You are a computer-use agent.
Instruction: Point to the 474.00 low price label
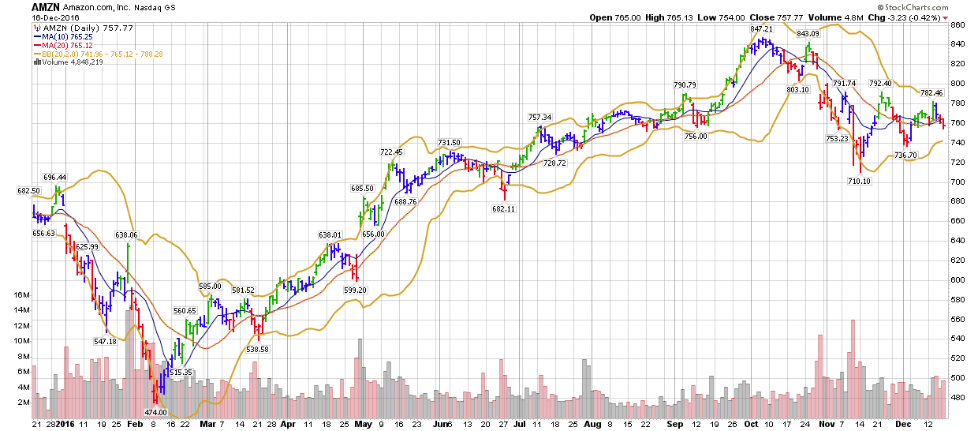pyautogui.click(x=155, y=412)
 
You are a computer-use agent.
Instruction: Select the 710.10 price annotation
pyautogui.click(x=860, y=181)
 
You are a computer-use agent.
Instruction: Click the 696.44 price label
pyautogui.click(x=55, y=178)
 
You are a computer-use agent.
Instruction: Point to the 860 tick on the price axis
pyautogui.click(x=957, y=25)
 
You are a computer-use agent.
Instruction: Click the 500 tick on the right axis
pyautogui.click(x=957, y=378)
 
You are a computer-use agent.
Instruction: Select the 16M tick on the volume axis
pyautogui.click(x=22, y=295)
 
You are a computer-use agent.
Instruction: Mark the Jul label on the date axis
pyautogui.click(x=519, y=424)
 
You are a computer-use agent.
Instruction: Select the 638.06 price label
pyautogui.click(x=126, y=234)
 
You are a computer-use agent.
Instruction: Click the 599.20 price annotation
pyautogui.click(x=356, y=290)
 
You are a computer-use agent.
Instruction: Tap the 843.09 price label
pyautogui.click(x=808, y=34)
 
